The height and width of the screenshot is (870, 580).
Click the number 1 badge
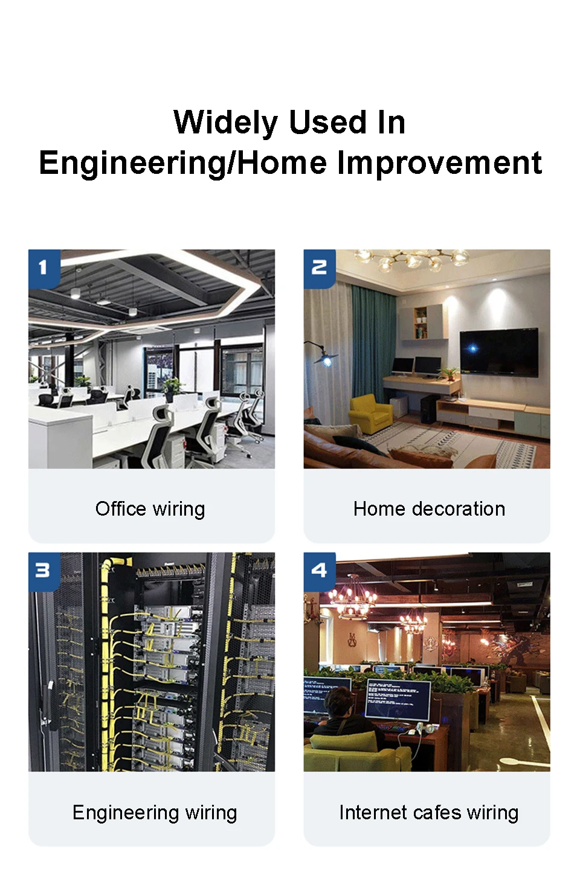(44, 269)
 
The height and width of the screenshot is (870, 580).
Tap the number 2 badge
(319, 269)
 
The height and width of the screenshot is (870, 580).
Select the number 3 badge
(44, 571)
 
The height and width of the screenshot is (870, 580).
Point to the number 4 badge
(319, 571)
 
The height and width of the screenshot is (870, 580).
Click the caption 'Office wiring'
(150, 509)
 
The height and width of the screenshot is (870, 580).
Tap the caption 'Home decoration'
(429, 509)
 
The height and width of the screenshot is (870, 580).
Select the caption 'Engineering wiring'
(155, 813)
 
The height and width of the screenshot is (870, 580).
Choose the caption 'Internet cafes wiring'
(429, 813)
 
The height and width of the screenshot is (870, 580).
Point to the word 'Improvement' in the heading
(439, 163)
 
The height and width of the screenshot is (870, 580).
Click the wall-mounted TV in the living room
(499, 352)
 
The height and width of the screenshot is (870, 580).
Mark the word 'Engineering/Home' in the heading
(182, 164)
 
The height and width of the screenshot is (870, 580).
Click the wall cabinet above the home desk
(424, 322)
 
